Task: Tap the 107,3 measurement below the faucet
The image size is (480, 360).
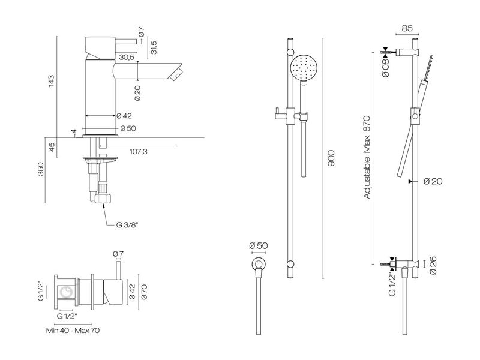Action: tap(139, 152)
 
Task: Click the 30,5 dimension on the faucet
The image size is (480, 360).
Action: tap(126, 58)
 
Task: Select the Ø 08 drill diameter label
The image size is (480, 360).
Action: tap(386, 63)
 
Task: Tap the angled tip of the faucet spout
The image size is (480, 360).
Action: tap(176, 73)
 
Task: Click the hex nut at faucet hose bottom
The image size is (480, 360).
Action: tap(103, 198)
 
